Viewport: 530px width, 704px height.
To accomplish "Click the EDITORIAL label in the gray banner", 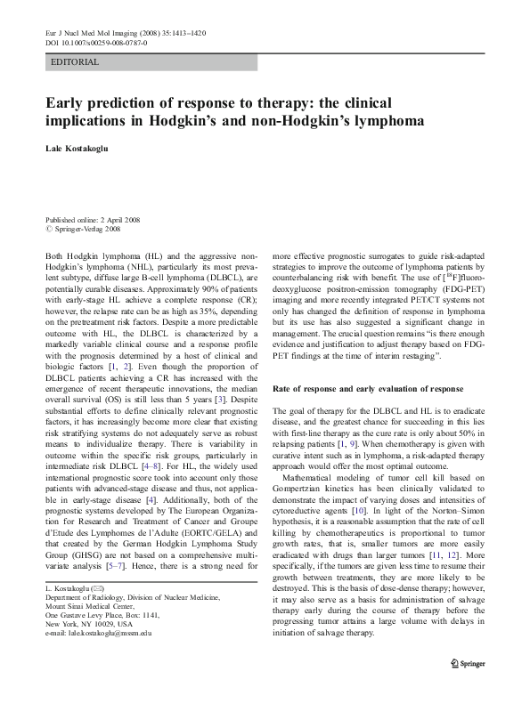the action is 76,62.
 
